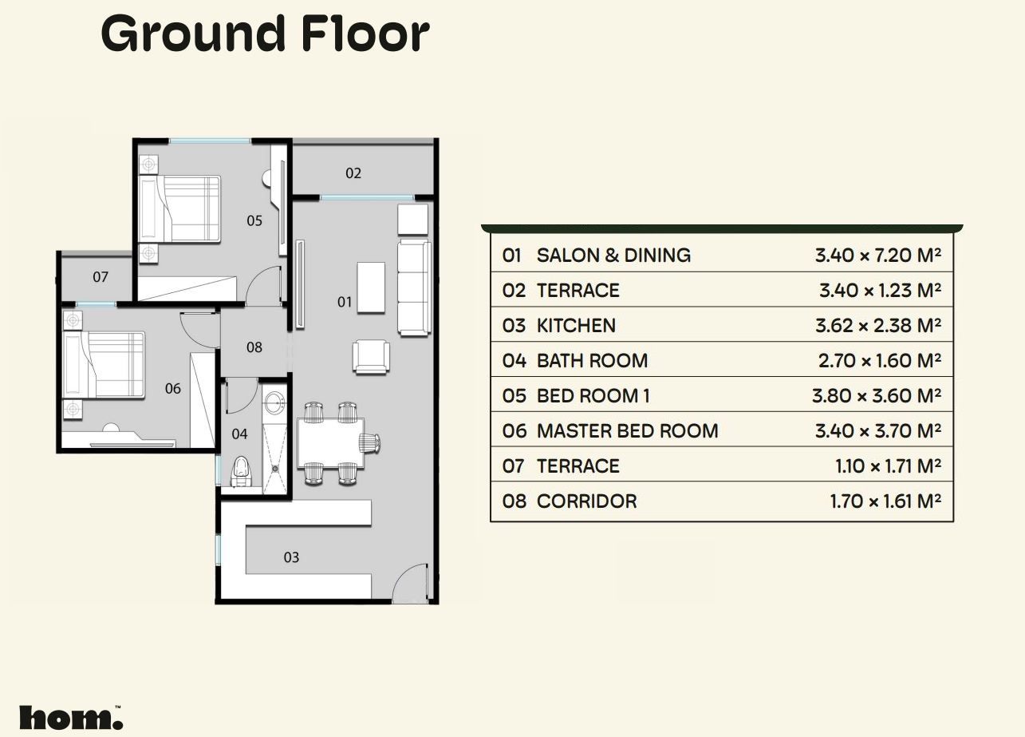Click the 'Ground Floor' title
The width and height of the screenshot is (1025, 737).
[265, 34]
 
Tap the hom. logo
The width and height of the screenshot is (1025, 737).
[71, 717]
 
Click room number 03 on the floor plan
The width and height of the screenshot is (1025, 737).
[291, 557]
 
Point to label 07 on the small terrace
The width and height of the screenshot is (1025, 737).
[101, 276]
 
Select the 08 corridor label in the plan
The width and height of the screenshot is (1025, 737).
[254, 347]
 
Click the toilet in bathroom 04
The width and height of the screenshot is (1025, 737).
[242, 471]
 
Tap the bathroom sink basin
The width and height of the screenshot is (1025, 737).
[274, 402]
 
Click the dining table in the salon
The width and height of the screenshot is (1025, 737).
[330, 443]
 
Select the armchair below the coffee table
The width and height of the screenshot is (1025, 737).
[371, 357]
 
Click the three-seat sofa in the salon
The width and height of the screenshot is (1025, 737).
[414, 287]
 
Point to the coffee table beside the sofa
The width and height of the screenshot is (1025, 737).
[371, 287]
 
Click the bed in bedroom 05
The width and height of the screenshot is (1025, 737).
[179, 209]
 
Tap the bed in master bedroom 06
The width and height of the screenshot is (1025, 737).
[104, 365]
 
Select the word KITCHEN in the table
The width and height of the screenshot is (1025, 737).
[576, 326]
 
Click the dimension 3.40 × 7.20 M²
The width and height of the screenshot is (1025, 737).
[877, 256]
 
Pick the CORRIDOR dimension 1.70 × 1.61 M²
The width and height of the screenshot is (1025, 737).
[885, 501]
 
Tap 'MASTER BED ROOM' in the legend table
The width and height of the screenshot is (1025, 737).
[627, 431]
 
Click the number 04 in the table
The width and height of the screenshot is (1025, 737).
[514, 361]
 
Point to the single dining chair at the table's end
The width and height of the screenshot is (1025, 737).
[370, 443]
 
